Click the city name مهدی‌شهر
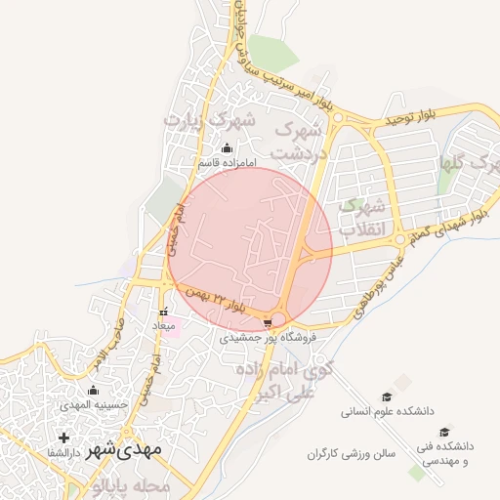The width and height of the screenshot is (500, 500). [x=121, y=451]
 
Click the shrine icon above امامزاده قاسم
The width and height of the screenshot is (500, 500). [x=228, y=148]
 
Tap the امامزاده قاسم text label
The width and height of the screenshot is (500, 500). [x=227, y=163]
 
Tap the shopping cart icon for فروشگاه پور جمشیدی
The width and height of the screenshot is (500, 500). [x=269, y=320]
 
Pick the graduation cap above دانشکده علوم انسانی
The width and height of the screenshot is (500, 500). [x=387, y=397]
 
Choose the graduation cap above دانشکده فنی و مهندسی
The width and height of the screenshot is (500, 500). [x=444, y=432]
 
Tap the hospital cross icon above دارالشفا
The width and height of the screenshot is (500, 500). [x=65, y=437]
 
